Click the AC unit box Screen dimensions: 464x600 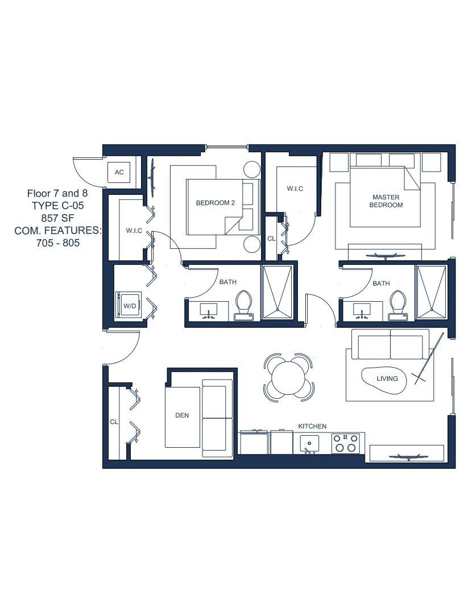(119, 172)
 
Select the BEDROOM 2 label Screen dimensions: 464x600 (215, 203)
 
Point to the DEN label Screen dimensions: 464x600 (182, 415)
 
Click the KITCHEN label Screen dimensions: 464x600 (312, 426)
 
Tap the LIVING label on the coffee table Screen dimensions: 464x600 (387, 378)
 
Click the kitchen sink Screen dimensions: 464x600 (309, 444)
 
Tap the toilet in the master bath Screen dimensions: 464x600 (398, 305)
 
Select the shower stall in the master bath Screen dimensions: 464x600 (432, 292)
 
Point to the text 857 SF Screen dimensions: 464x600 (57, 218)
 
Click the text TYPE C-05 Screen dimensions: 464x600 (57, 206)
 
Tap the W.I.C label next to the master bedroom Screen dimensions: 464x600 (295, 189)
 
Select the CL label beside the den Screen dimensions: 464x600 (114, 422)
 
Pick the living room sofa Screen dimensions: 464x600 (390, 344)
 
